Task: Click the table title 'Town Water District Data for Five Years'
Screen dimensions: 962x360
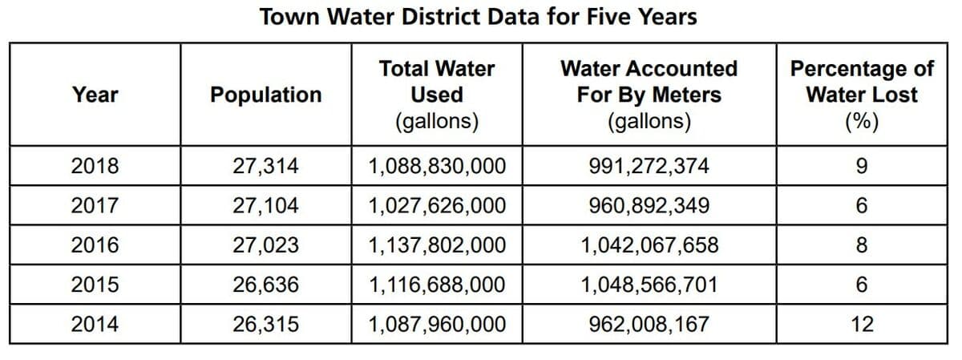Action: pos(479,17)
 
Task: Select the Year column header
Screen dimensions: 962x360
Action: pos(95,95)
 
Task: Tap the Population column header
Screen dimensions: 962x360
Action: pos(266,95)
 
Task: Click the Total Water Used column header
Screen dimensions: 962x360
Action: pos(437,95)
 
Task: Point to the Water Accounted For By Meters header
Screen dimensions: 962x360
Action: pos(649,95)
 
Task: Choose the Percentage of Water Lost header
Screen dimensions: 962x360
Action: pos(862,95)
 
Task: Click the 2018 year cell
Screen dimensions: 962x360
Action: pos(95,166)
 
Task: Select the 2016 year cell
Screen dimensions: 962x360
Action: pos(95,245)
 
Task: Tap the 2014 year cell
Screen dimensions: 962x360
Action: pos(95,325)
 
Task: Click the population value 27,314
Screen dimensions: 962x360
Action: pos(266,166)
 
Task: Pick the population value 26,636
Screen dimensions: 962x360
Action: pos(266,285)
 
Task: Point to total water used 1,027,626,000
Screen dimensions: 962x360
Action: pos(437,206)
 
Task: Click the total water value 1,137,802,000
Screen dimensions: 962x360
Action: pos(437,245)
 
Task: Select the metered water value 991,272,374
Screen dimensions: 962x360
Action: pos(649,166)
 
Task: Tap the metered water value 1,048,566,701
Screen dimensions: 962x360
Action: pos(649,285)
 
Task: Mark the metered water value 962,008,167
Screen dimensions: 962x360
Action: pos(649,325)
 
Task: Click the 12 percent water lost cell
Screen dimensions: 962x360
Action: pos(862,325)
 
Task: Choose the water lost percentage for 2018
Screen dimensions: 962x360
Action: pos(862,166)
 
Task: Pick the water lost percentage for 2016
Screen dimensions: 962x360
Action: pos(862,245)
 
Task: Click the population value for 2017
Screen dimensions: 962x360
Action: pos(266,206)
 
